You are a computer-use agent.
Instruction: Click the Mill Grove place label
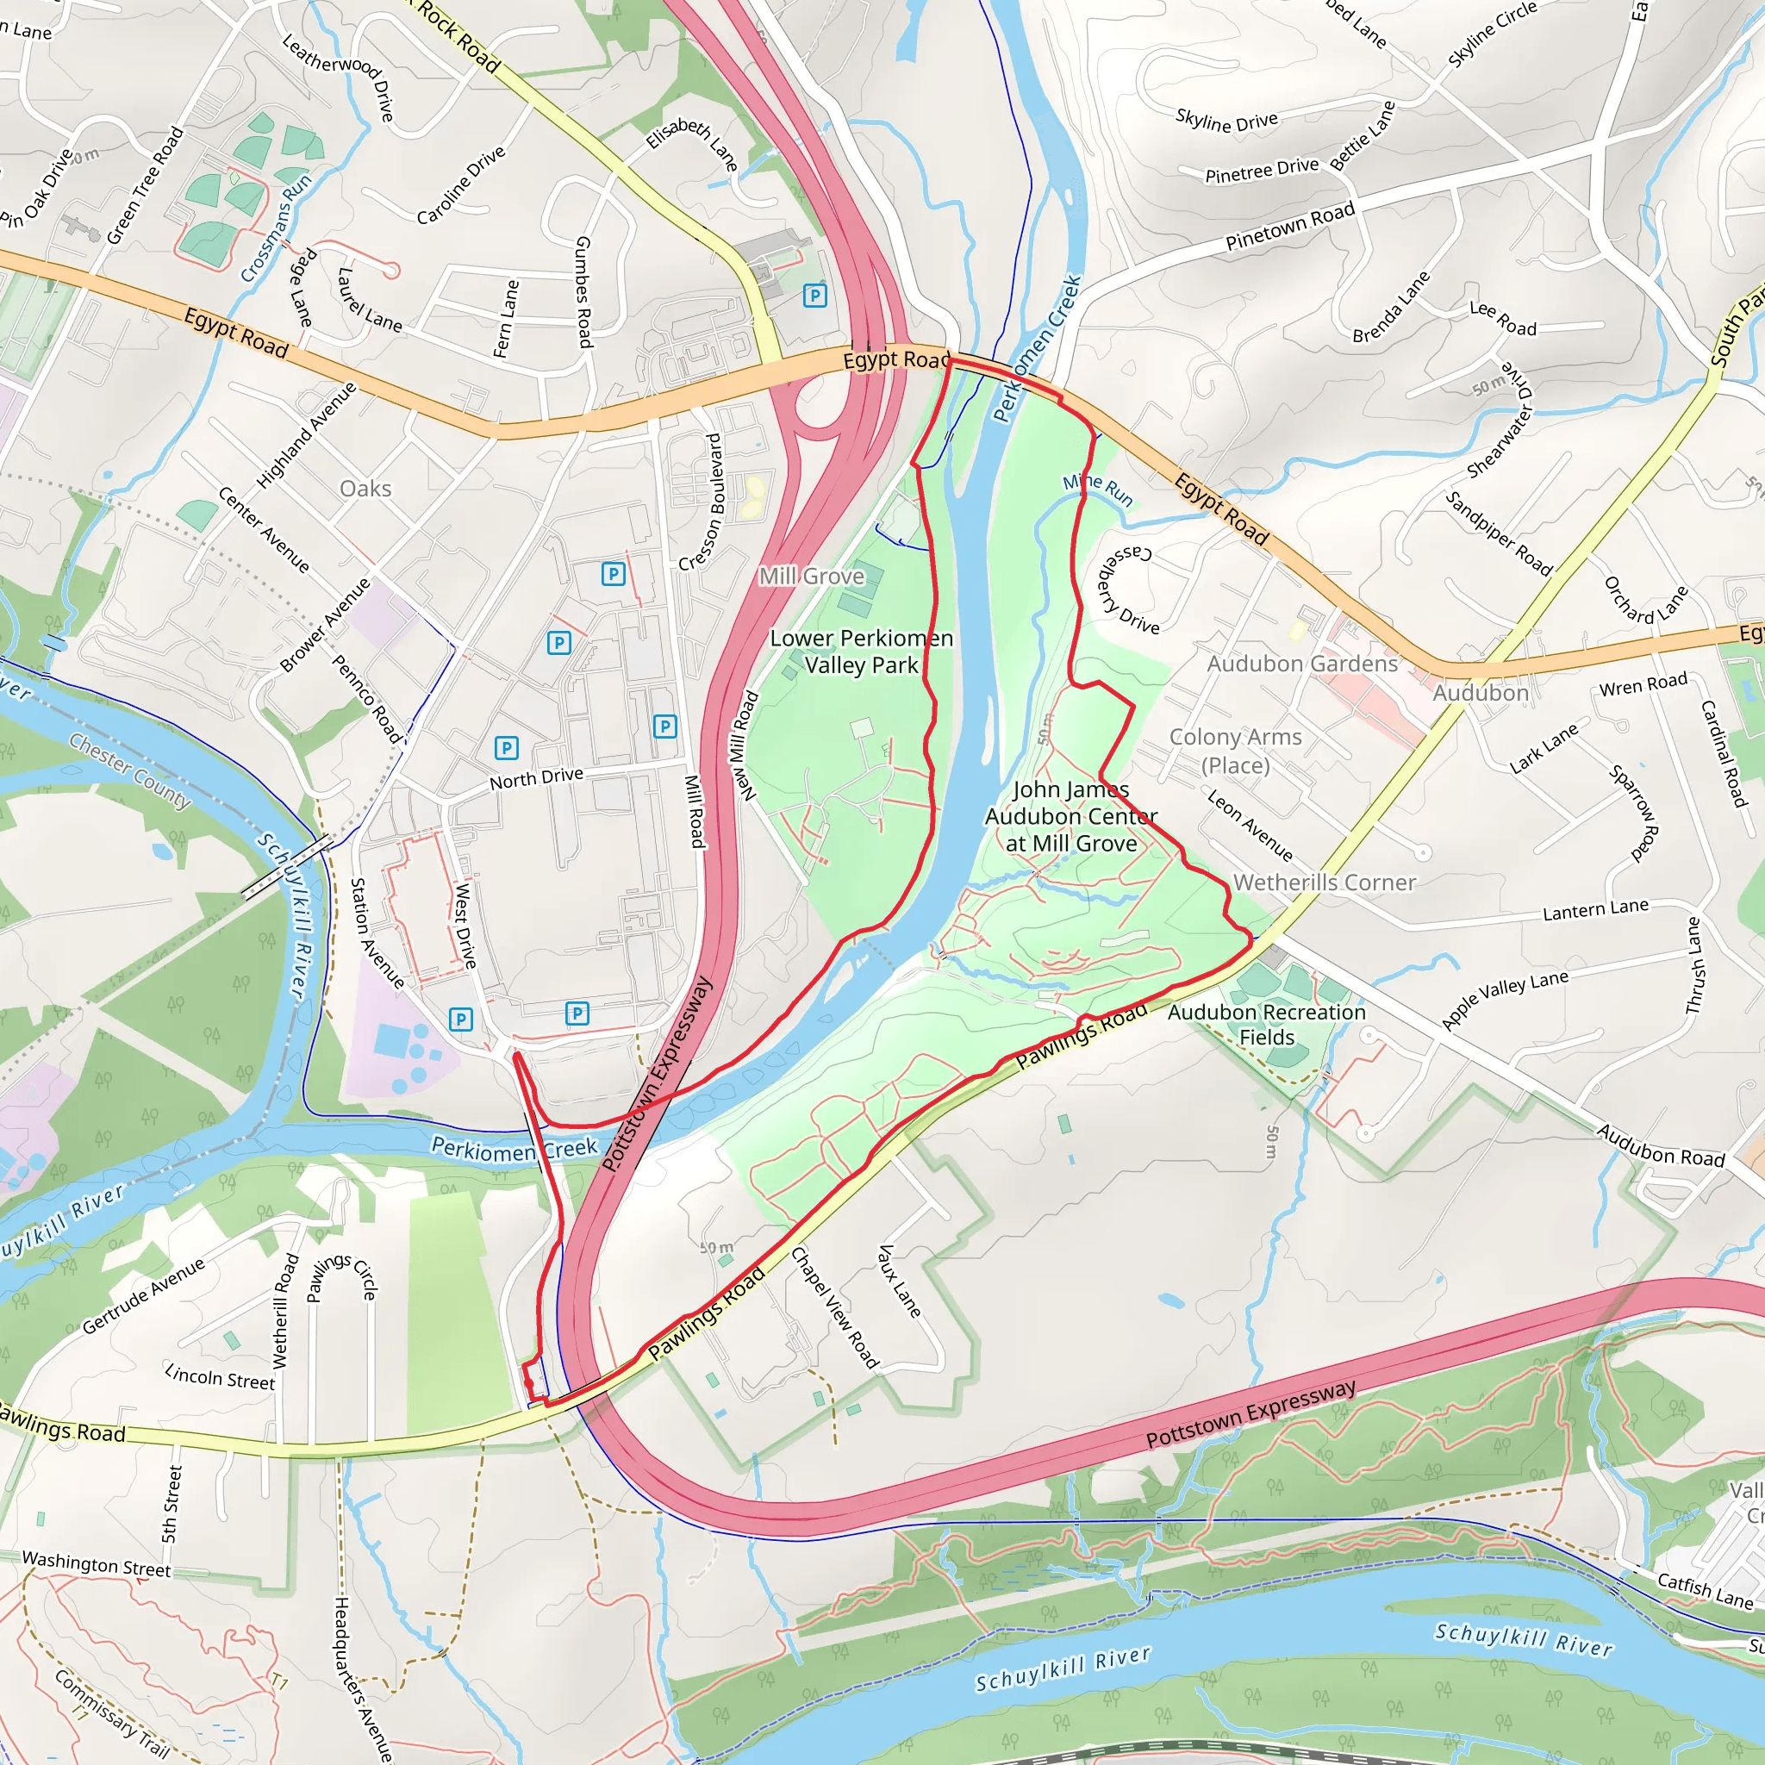click(811, 577)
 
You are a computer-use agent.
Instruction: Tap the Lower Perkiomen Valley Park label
click(861, 652)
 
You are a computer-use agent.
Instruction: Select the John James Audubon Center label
click(1070, 816)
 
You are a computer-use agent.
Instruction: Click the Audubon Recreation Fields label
click(1266, 1024)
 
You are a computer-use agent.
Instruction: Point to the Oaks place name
click(365, 489)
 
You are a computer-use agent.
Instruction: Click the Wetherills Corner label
click(1324, 882)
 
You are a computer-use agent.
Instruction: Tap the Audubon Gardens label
click(1302, 664)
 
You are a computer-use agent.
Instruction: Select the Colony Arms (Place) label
click(1235, 750)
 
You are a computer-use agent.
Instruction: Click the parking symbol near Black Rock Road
click(814, 295)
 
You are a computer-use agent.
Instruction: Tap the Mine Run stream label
click(1097, 490)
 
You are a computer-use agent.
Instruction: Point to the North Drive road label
click(536, 777)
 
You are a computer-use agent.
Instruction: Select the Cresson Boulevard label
click(702, 502)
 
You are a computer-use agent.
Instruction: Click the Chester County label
click(131, 771)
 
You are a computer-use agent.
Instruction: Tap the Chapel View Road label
click(834, 1307)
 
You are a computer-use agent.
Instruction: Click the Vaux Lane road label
click(899, 1280)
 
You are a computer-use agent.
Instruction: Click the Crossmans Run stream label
click(277, 227)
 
